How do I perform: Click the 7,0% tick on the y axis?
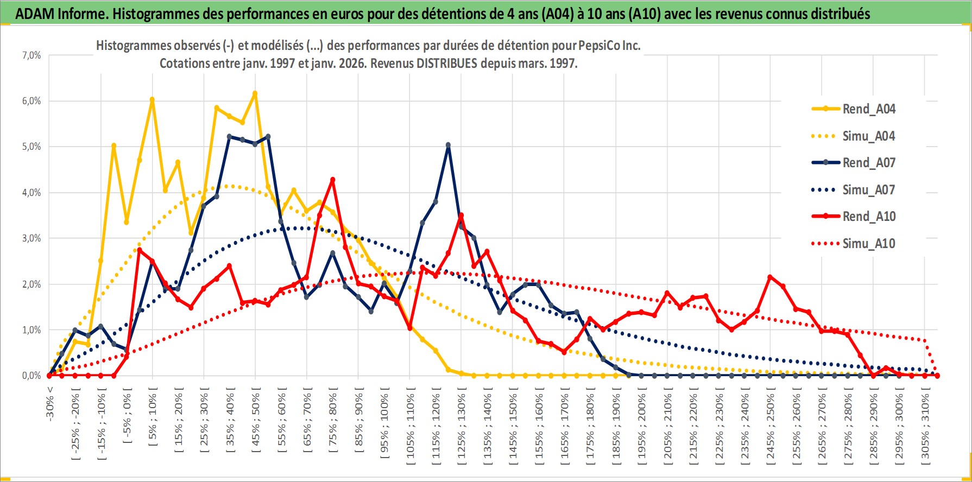coord(31,55)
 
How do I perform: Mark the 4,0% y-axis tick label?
coord(31,193)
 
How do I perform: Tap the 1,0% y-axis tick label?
coord(31,330)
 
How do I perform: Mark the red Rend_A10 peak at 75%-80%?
coord(333,180)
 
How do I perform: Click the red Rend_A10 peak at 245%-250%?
coord(771,277)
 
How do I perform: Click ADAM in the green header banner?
coord(34,14)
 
